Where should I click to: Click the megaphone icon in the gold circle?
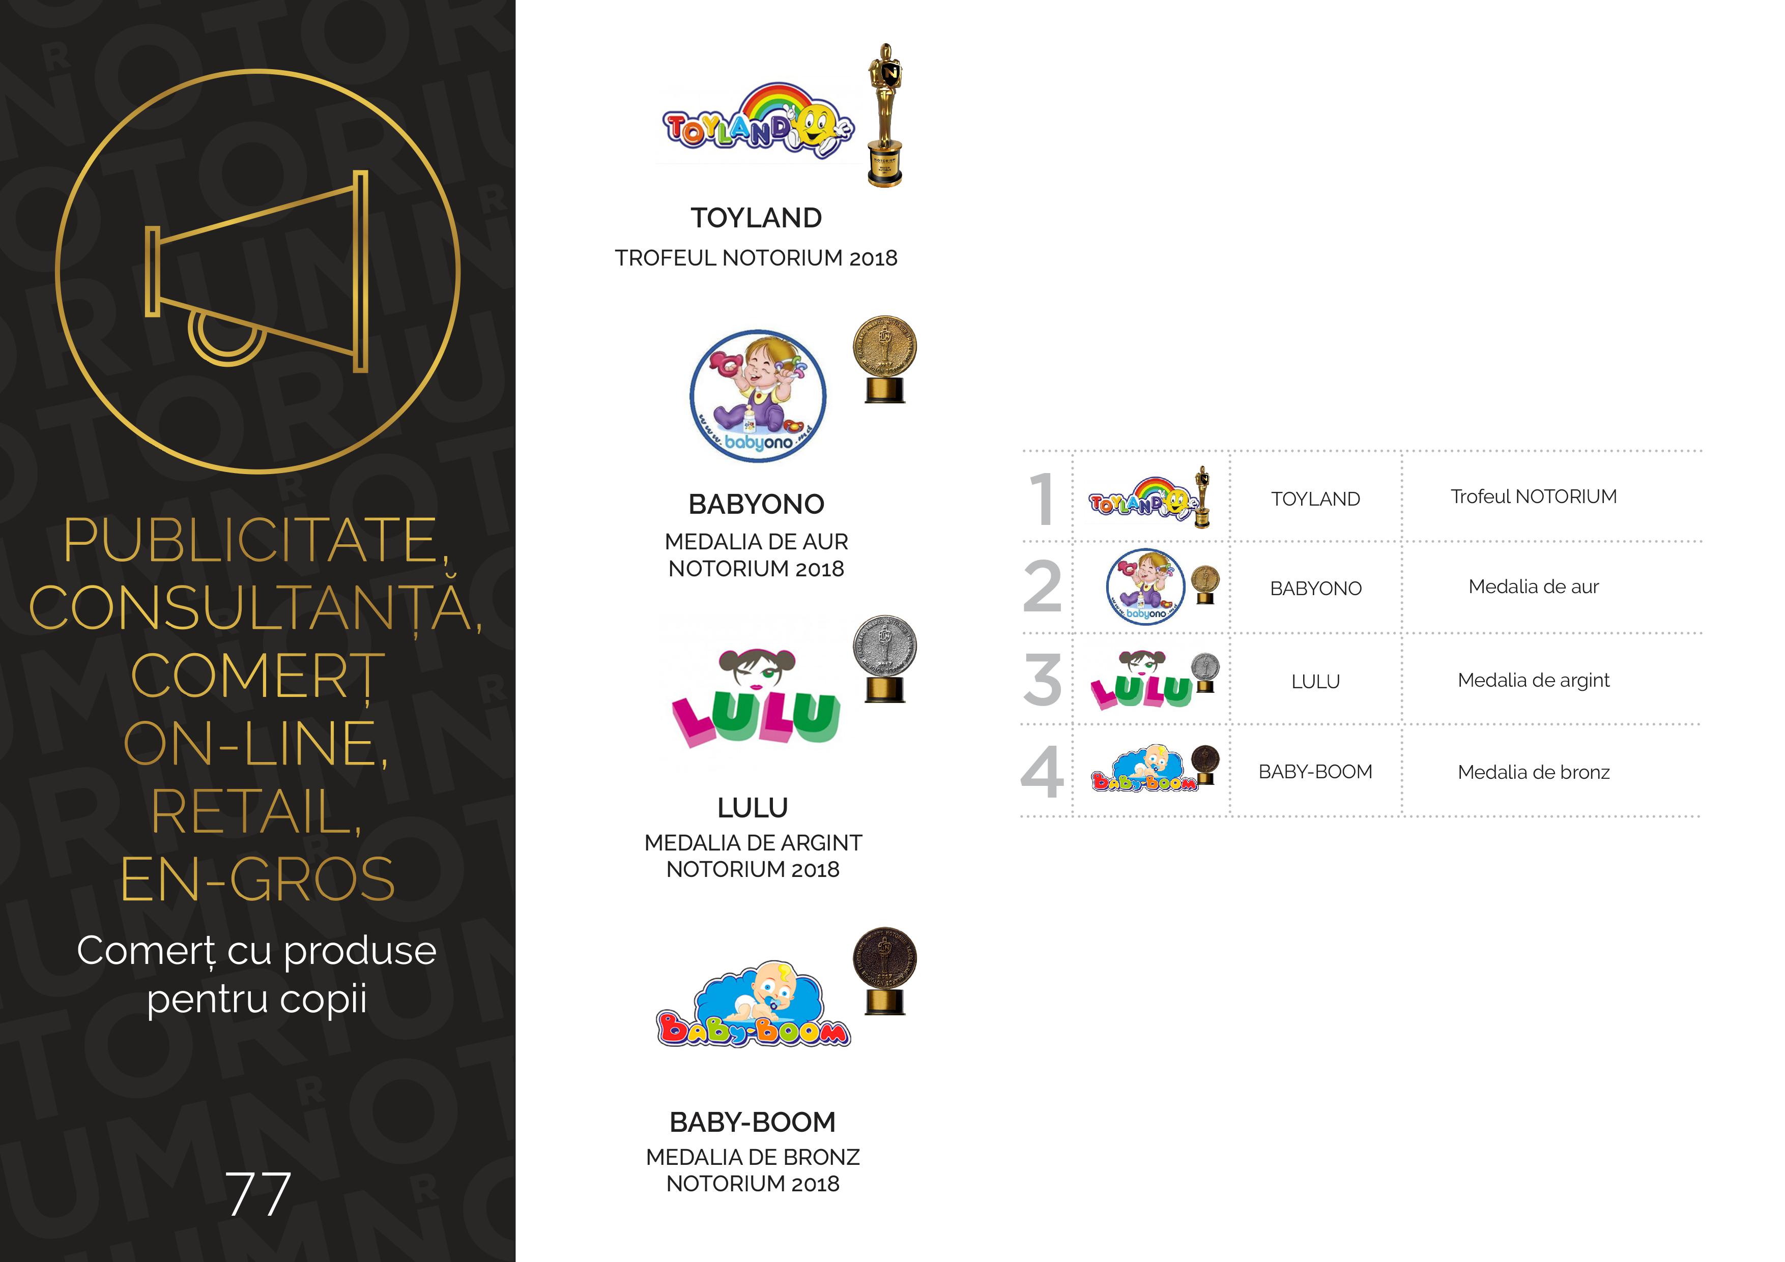click(256, 272)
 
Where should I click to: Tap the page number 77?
click(258, 1194)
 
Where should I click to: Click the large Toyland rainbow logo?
click(757, 123)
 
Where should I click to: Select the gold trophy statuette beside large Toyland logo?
click(885, 115)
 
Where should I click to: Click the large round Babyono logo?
click(758, 396)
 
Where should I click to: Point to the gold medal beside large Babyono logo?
click(885, 359)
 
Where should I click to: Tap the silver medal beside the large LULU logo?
click(885, 659)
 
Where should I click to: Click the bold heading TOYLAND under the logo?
click(757, 218)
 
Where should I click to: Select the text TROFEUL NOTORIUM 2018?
click(757, 258)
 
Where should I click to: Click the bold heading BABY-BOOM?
click(753, 1122)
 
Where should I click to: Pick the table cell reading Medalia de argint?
click(1533, 681)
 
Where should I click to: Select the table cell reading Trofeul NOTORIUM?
click(1533, 496)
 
